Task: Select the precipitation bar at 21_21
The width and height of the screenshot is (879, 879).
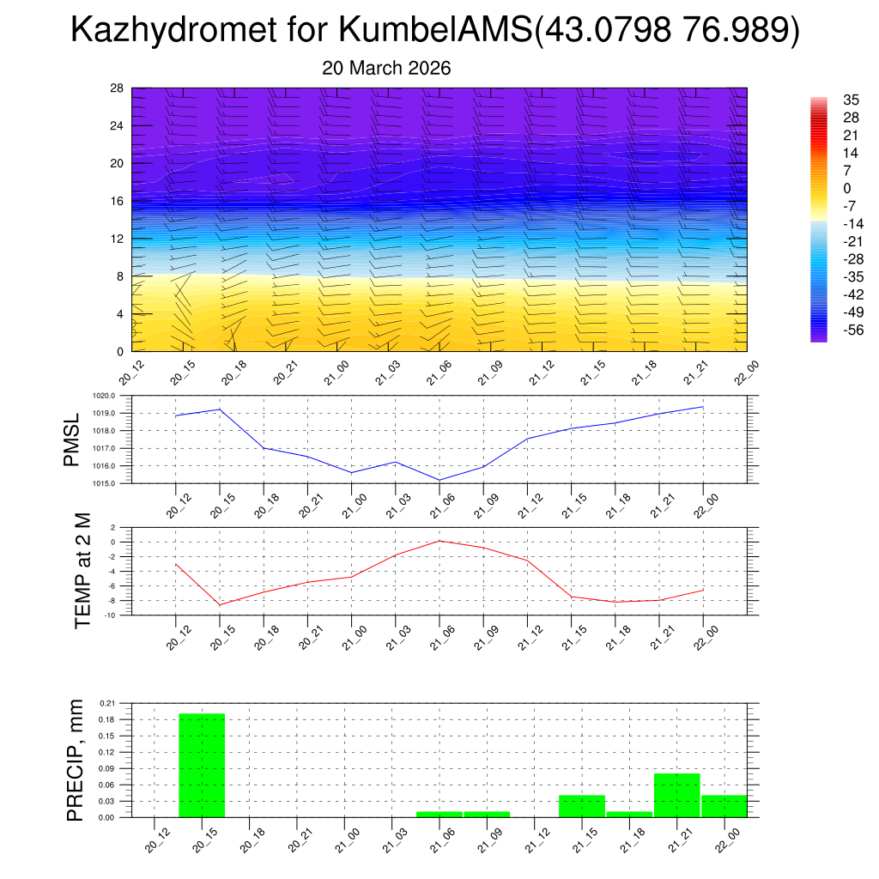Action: (x=676, y=795)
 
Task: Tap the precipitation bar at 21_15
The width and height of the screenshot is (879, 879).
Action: (x=582, y=806)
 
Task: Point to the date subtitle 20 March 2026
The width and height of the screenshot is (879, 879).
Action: (x=386, y=69)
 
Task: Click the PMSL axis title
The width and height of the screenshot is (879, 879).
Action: (x=72, y=439)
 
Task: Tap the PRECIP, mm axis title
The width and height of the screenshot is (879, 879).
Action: (x=76, y=760)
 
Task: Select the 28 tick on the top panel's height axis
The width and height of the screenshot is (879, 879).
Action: (x=117, y=88)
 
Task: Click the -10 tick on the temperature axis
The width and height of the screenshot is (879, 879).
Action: (x=110, y=615)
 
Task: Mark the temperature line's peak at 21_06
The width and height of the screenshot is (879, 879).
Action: (x=439, y=541)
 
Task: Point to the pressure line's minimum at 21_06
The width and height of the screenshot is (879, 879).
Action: (x=439, y=480)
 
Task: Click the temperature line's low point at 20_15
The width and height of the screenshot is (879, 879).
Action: (x=220, y=605)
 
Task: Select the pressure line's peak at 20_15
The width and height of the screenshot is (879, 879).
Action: (x=220, y=409)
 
